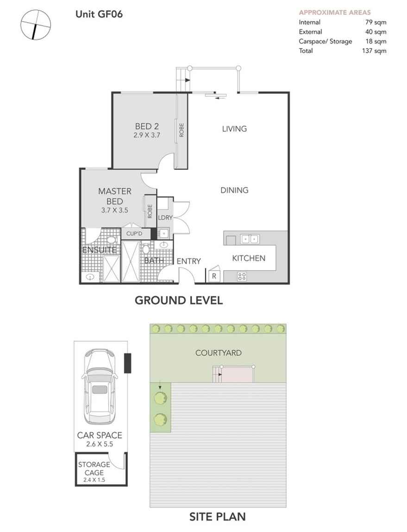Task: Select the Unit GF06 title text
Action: point(99,14)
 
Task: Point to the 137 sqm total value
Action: point(374,51)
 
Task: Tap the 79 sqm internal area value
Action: point(376,22)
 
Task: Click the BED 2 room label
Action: point(146,126)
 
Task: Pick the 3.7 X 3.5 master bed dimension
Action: point(114,210)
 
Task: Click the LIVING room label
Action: point(234,129)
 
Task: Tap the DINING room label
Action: point(234,190)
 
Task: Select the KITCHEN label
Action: point(249,258)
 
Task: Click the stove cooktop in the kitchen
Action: point(242,276)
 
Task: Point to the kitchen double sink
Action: point(249,239)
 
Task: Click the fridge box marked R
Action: point(214,276)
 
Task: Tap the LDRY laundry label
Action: point(165,218)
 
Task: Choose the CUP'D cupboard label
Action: point(134,234)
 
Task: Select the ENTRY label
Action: point(189,261)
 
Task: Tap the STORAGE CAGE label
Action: point(94,469)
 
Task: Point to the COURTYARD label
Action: point(218,353)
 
